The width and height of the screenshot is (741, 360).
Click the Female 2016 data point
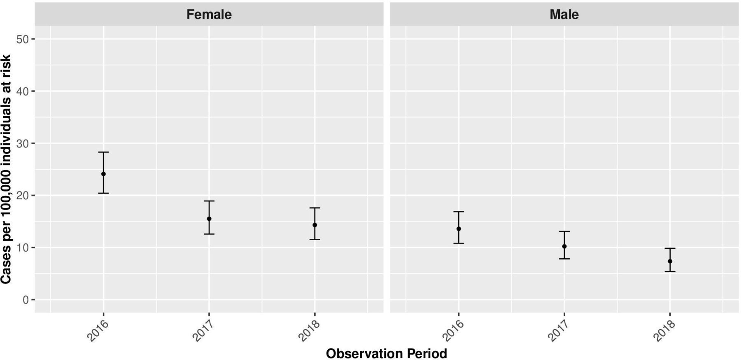(x=103, y=174)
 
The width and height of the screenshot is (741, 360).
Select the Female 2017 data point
(x=209, y=219)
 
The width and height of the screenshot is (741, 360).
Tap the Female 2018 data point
(x=315, y=225)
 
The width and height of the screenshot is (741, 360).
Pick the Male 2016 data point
(x=459, y=229)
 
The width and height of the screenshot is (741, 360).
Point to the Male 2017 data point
(x=564, y=246)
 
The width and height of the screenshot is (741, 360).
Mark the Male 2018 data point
(x=670, y=261)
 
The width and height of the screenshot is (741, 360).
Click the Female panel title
(x=209, y=14)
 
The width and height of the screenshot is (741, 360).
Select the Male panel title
(x=564, y=14)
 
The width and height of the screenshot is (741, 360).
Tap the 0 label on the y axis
(x=26, y=300)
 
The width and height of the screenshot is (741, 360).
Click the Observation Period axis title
(x=386, y=353)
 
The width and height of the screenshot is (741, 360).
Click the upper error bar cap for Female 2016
(x=103, y=152)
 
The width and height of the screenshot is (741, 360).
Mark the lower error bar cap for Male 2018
(x=670, y=271)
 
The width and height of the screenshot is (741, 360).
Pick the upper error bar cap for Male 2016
(x=459, y=212)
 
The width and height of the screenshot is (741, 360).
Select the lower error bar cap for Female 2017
(x=209, y=234)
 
